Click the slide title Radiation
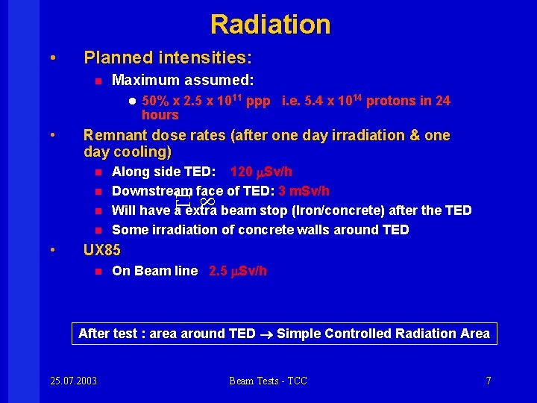click(x=270, y=25)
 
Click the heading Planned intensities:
click(x=168, y=57)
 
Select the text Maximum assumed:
click(x=183, y=80)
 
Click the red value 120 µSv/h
click(x=262, y=172)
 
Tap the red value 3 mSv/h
click(x=304, y=191)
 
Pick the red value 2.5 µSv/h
click(x=238, y=271)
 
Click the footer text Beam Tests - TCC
click(x=268, y=381)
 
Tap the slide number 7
click(x=489, y=381)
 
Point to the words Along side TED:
click(x=159, y=172)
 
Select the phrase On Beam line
click(x=155, y=271)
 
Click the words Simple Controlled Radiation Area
click(x=383, y=334)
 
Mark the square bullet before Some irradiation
click(x=97, y=230)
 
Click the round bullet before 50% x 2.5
click(x=131, y=101)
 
